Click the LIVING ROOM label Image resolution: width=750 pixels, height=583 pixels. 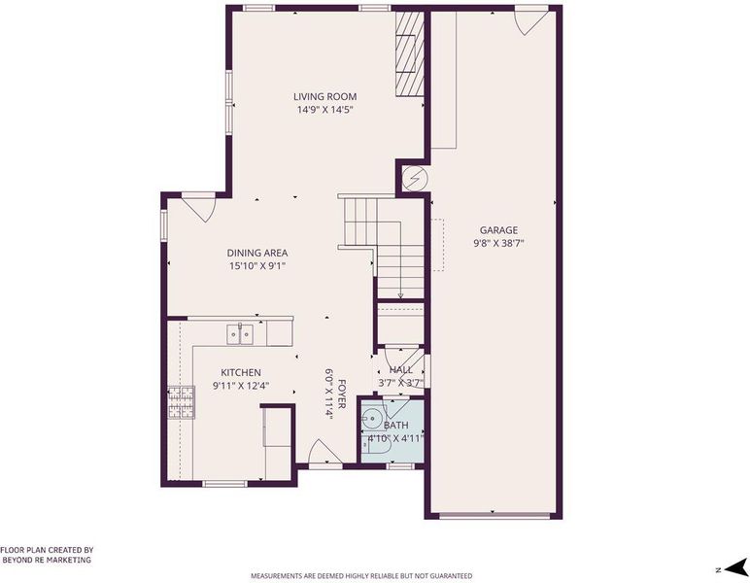(x=324, y=96)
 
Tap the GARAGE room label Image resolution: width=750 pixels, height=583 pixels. (x=498, y=230)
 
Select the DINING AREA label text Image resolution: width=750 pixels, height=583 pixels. (x=257, y=253)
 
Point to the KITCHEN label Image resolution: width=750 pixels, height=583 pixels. (x=241, y=372)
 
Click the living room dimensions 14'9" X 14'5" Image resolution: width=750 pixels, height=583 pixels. (x=324, y=110)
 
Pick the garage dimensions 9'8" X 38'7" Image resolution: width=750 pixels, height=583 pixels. (x=498, y=243)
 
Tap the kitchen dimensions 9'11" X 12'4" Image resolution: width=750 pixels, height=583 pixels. (x=241, y=386)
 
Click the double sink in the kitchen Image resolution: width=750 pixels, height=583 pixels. (x=240, y=334)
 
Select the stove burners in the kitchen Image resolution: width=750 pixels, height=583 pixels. (x=181, y=401)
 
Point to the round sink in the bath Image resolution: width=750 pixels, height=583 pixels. (x=370, y=420)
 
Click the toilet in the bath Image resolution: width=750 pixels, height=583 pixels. (x=377, y=446)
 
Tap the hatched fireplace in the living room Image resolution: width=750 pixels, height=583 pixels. (x=410, y=54)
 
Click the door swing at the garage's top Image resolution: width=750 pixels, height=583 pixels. (x=531, y=21)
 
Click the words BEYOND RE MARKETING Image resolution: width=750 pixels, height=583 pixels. (x=47, y=560)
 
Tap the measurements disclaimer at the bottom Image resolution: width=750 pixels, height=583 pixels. (x=361, y=576)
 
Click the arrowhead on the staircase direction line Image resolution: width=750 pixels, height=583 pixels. (x=401, y=295)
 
